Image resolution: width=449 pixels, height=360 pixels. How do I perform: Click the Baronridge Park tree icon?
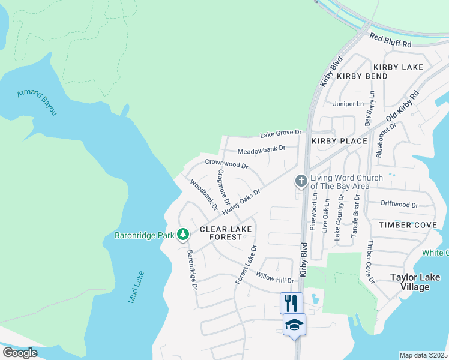[183, 235]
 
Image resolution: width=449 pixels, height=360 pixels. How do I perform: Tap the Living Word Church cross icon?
[301, 181]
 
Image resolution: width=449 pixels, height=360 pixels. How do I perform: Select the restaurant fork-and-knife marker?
[291, 302]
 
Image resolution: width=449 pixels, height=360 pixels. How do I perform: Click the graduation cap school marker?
[294, 325]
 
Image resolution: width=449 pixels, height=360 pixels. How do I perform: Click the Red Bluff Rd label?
[390, 40]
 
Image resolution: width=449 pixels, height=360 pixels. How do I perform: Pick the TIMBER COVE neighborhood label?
[403, 225]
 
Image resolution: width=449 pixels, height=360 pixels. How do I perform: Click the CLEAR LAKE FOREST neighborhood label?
[221, 233]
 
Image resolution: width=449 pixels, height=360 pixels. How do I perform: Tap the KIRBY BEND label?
[362, 77]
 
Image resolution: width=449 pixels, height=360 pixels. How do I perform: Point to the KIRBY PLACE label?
[339, 141]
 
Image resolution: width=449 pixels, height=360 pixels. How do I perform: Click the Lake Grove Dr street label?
[280, 133]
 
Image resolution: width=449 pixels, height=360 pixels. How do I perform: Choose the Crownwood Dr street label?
[226, 163]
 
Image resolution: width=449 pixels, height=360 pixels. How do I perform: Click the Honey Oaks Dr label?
[241, 202]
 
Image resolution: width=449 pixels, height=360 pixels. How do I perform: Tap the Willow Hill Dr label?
[275, 277]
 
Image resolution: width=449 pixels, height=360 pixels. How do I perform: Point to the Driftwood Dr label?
[399, 205]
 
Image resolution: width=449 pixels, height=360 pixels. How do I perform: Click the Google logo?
[20, 353]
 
